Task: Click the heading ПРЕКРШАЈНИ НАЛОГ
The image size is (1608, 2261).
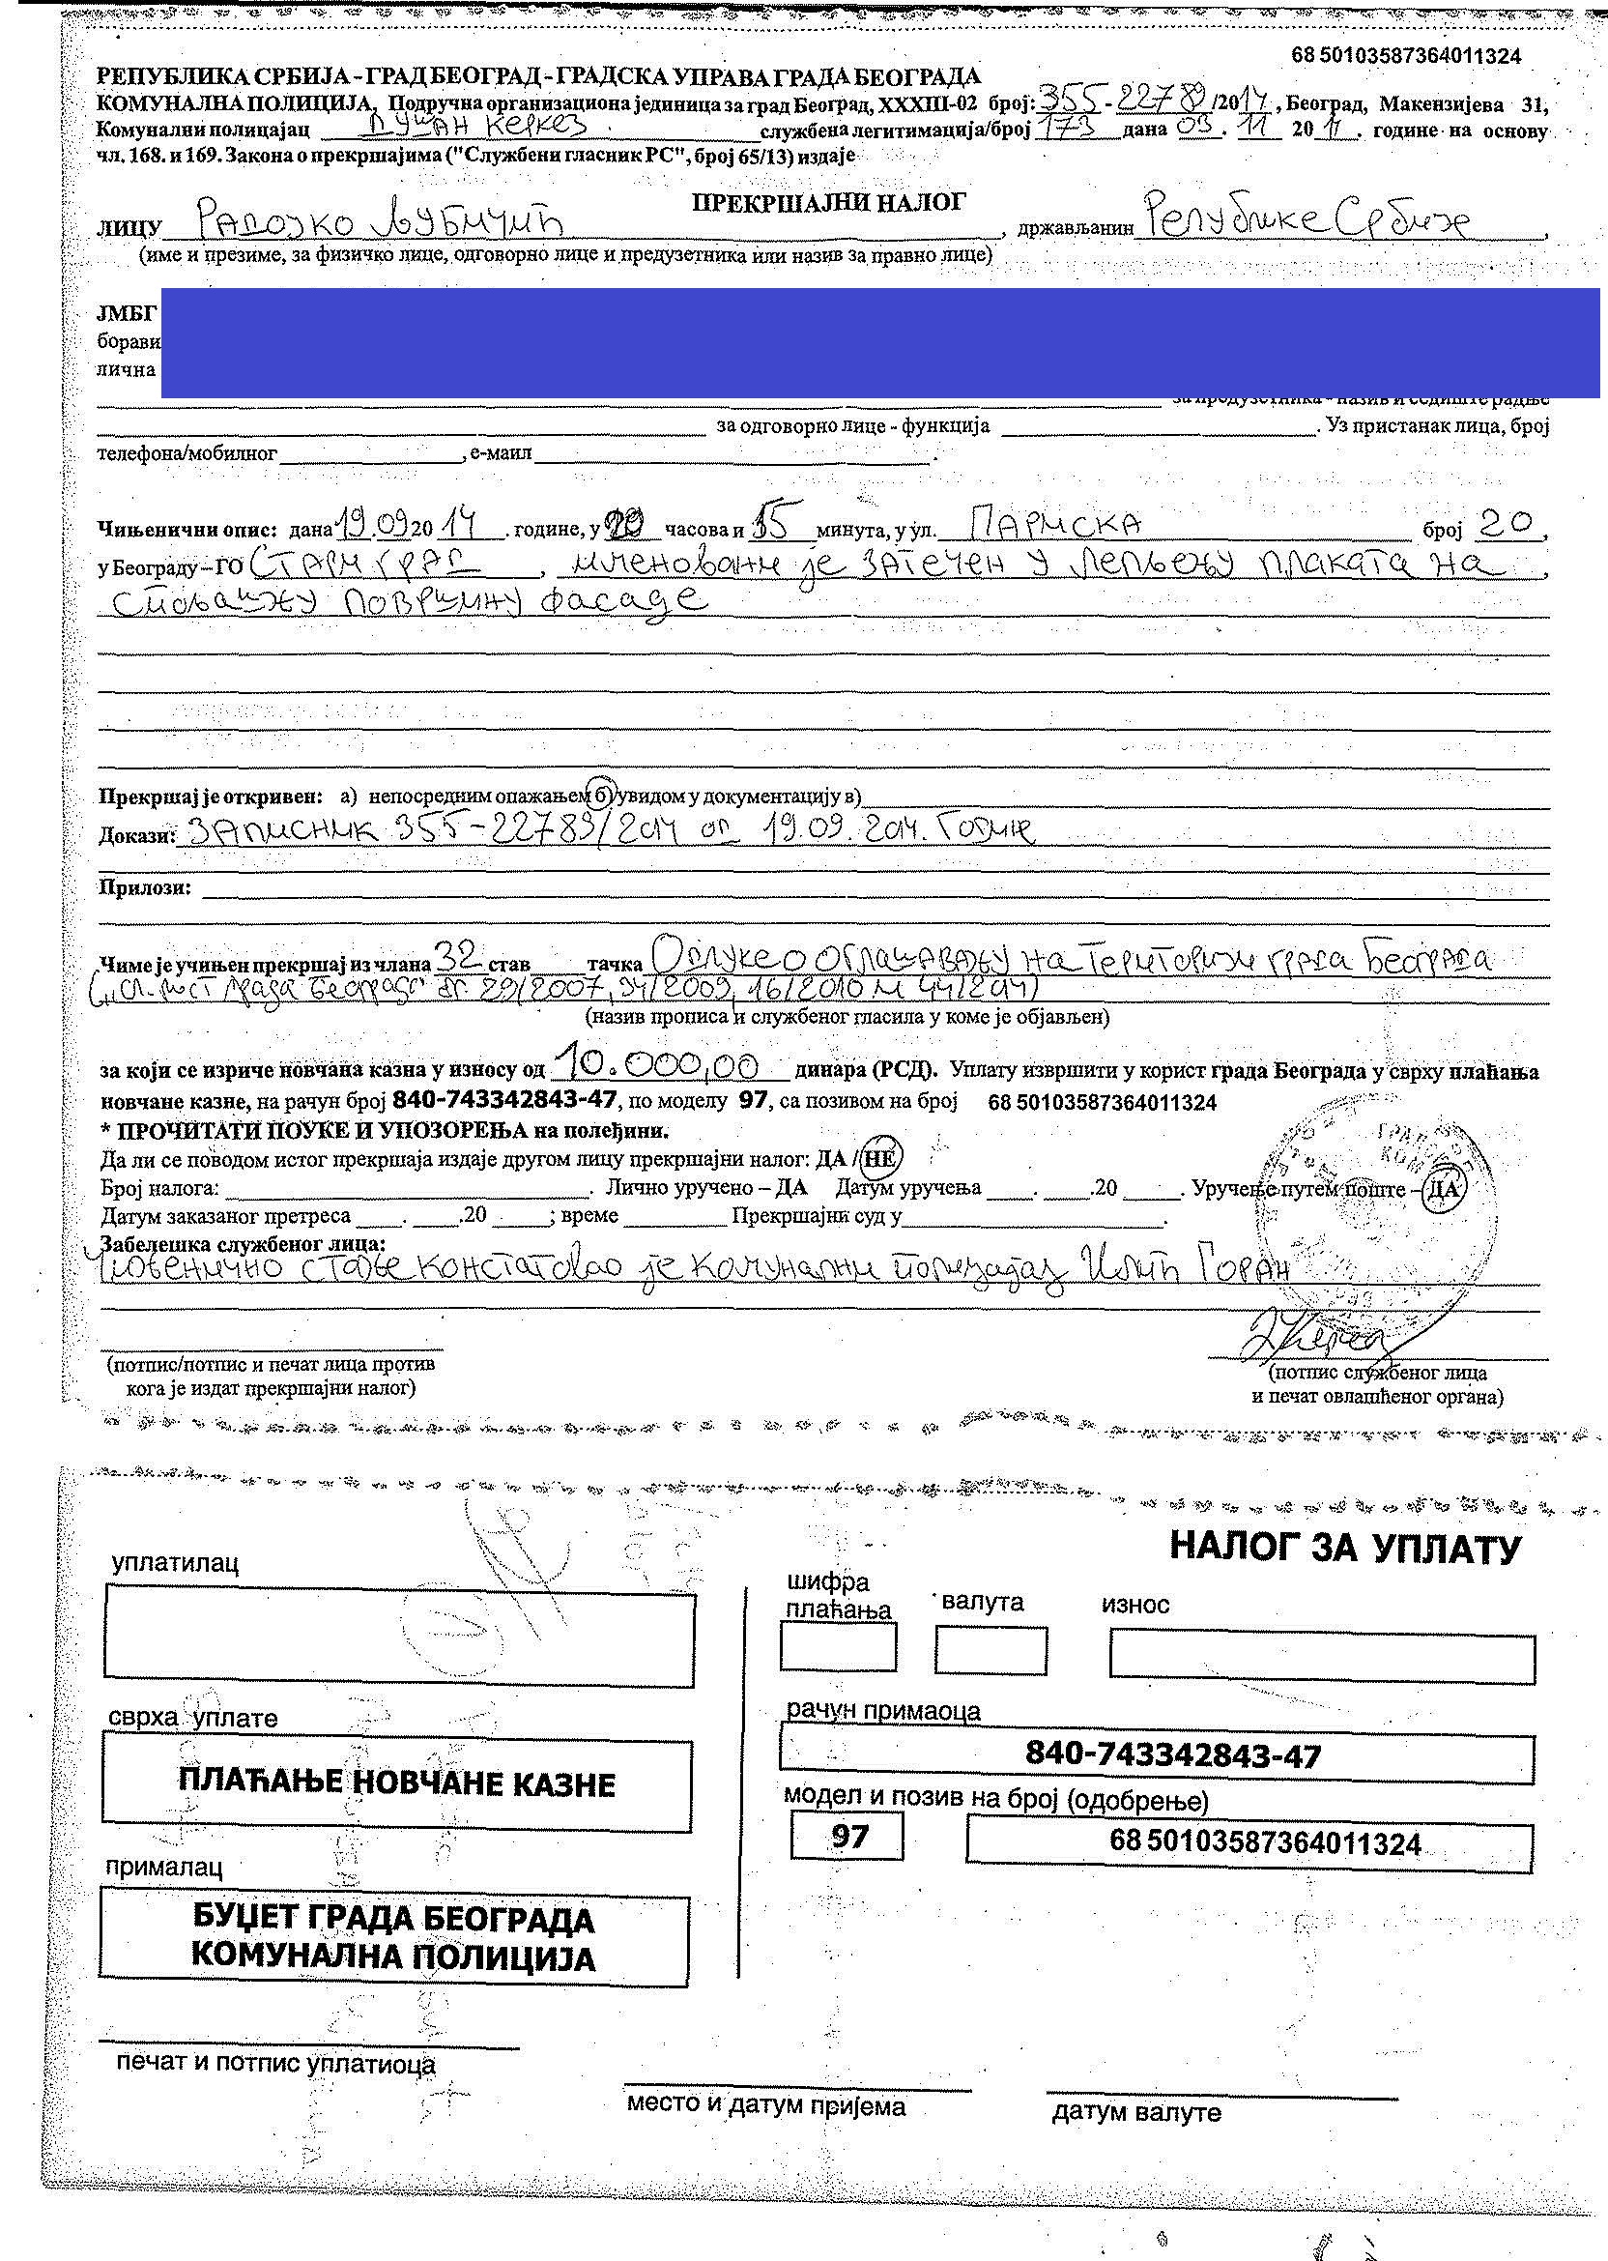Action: tap(828, 203)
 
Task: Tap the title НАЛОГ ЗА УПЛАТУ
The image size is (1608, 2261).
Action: tap(1343, 1547)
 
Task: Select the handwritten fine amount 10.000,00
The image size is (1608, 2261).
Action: tap(654, 1066)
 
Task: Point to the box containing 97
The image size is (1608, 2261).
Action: tap(847, 1838)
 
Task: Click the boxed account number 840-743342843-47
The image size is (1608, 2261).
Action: tap(1157, 1754)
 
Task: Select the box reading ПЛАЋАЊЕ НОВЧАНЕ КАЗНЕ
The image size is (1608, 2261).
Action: tap(396, 1784)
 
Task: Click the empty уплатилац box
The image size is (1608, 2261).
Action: tap(399, 1634)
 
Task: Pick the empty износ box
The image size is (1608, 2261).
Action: tap(1322, 1657)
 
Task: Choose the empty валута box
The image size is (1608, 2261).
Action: tap(991, 1651)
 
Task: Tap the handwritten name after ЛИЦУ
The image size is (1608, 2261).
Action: tap(379, 219)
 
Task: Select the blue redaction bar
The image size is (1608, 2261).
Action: tap(880, 341)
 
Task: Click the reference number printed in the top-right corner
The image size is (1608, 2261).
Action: tap(1405, 56)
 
